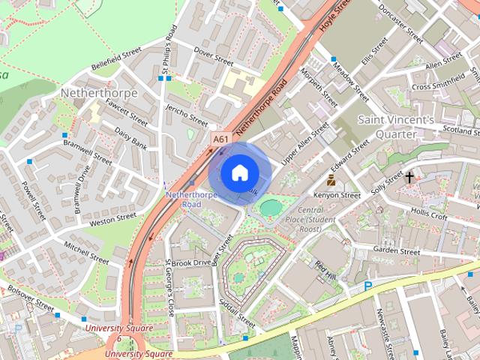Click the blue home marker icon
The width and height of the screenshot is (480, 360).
238,173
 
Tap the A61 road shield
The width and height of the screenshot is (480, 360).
220,139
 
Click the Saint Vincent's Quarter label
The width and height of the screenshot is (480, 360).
395,126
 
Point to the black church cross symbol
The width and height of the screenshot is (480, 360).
409,178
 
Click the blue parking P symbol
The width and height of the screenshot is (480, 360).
367,286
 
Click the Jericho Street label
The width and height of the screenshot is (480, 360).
187,116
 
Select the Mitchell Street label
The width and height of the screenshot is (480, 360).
86,251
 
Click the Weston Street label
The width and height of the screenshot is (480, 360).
112,219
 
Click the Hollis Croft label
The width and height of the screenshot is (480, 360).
429,216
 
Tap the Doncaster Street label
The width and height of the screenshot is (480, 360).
402,26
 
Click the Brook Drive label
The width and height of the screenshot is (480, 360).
191,263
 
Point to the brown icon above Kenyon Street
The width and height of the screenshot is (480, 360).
331,180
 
